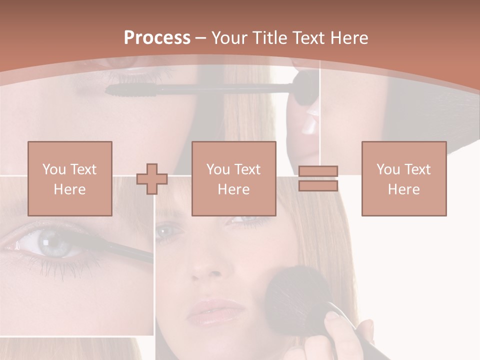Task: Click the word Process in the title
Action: [x=157, y=38]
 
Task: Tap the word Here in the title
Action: [x=348, y=38]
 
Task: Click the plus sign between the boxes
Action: [x=152, y=179]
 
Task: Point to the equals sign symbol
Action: [x=318, y=178]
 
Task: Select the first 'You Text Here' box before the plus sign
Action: [x=70, y=178]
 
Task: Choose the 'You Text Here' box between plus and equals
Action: [x=233, y=178]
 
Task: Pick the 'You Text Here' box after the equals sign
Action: [x=404, y=178]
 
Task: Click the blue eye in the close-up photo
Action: [x=52, y=243]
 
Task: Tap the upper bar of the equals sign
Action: [x=318, y=171]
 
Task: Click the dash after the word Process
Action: [x=201, y=38]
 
